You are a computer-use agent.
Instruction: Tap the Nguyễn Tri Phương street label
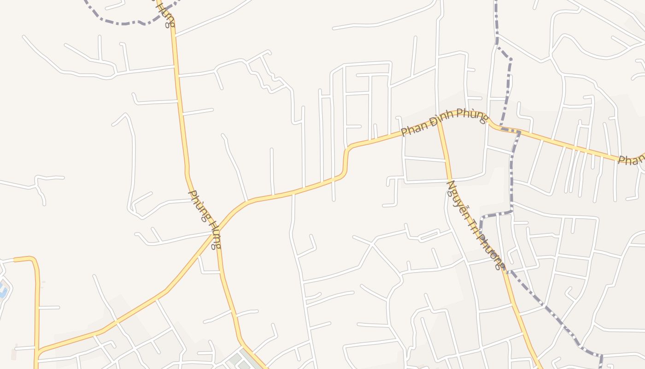(x=476, y=225)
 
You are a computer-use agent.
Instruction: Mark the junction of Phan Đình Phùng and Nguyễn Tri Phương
(x=439, y=121)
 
